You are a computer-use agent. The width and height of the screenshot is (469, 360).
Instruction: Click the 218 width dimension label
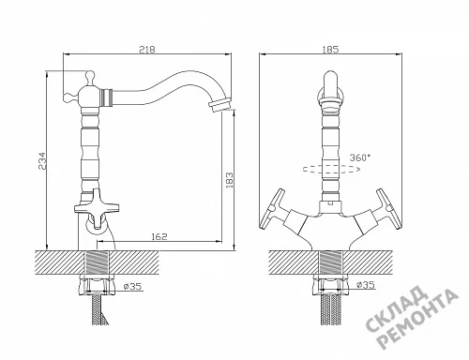coord(147,50)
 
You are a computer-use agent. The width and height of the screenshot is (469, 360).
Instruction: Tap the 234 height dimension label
coord(42,161)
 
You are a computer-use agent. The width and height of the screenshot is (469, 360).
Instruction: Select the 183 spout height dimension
coord(229,180)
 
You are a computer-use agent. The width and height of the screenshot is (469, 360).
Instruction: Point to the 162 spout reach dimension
coord(159,236)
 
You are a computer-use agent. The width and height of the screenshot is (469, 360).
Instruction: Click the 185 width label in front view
coord(330,50)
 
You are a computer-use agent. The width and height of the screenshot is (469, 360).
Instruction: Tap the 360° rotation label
coord(360,157)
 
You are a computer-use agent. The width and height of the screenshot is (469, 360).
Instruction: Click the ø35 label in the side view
coord(132,286)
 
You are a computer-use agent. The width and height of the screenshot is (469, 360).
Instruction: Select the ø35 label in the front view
coord(366,284)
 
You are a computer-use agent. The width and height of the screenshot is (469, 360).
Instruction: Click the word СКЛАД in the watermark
coord(397,309)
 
